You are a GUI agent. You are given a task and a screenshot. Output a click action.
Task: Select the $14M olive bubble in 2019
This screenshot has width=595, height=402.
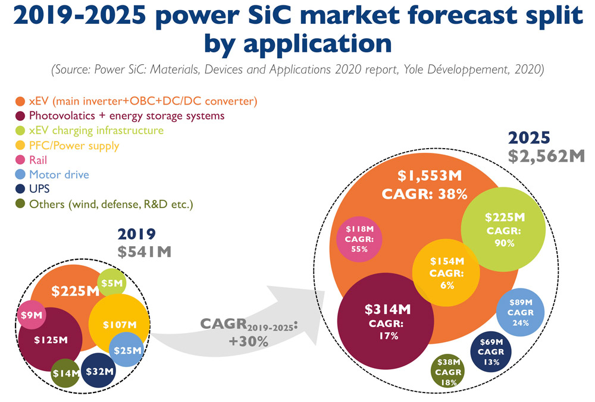pos(65,373)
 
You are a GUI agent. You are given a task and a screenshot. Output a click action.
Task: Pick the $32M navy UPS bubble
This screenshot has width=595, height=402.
pos(99,371)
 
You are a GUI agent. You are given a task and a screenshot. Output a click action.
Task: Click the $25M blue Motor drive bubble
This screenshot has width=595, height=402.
pos(127,351)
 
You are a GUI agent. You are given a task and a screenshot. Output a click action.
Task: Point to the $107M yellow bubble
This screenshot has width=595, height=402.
pos(118,325)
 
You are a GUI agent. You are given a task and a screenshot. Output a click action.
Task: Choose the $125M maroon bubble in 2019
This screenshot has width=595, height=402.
pos(50,341)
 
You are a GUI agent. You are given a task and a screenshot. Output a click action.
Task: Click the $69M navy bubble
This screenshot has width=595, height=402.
pos(491,351)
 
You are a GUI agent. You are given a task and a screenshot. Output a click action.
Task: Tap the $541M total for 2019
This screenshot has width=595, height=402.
pos(144,251)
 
